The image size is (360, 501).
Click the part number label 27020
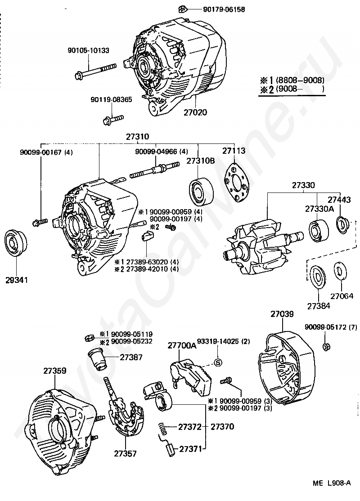pos(195,112)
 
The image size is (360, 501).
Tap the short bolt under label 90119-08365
pos(113,120)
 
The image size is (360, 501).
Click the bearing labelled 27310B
pos(202,192)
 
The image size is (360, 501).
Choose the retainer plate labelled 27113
pos(237,183)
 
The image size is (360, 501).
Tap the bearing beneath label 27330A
pos(319,230)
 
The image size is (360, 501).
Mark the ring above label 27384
pos(318,276)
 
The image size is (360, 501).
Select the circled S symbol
pos(218,362)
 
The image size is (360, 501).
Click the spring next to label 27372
pos(163,428)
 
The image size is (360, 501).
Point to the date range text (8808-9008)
pos(300,80)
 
